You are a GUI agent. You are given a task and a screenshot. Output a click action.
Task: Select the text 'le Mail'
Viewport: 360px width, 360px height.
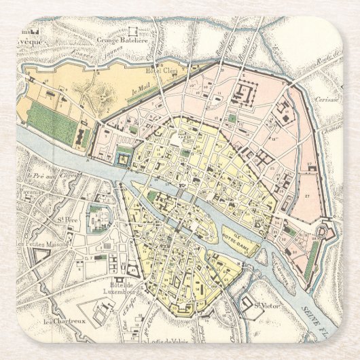tap(136, 88)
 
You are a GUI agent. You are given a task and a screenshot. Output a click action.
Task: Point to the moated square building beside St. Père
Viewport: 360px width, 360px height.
tap(99, 217)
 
